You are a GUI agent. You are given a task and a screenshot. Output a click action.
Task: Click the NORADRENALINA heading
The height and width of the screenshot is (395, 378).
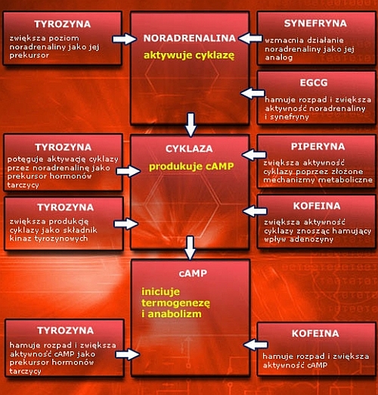click(x=189, y=38)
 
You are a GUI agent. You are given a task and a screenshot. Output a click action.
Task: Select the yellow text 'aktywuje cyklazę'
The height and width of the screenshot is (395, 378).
click(x=189, y=55)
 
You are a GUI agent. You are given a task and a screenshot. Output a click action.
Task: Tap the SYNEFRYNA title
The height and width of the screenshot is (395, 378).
click(x=315, y=23)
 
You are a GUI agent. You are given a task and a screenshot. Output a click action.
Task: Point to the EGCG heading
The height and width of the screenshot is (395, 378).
click(x=314, y=82)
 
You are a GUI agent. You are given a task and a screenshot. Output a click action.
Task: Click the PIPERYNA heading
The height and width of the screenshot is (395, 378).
click(x=318, y=147)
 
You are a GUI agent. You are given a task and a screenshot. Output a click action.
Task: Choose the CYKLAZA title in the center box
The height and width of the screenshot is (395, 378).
click(x=189, y=149)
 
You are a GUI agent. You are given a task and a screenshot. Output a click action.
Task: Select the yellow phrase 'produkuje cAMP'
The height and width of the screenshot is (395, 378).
click(x=191, y=166)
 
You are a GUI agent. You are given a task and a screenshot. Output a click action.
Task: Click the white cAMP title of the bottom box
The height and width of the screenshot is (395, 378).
click(x=193, y=273)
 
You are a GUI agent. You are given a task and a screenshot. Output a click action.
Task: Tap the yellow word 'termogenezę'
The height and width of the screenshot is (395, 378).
click(x=175, y=303)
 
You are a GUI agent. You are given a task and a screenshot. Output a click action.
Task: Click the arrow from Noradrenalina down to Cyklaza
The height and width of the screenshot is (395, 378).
click(x=191, y=124)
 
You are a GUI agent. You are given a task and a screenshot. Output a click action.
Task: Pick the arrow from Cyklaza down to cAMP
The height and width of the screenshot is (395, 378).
click(x=190, y=247)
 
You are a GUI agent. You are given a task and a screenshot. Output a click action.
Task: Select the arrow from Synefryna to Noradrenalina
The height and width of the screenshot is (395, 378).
click(x=250, y=39)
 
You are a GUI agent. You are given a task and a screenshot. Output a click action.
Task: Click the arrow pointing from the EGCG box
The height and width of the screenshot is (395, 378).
click(x=253, y=93)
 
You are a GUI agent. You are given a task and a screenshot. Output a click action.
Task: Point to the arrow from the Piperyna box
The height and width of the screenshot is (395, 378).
click(x=254, y=154)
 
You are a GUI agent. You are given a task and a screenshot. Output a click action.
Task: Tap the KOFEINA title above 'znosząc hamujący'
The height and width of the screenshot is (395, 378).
click(x=317, y=206)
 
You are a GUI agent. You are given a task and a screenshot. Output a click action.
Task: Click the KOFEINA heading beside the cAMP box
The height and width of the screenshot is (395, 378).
click(x=315, y=334)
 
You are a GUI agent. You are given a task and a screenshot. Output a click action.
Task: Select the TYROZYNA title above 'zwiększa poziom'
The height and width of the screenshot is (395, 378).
click(x=63, y=24)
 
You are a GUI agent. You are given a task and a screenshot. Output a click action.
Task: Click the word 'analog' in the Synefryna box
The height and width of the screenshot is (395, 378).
click(x=279, y=58)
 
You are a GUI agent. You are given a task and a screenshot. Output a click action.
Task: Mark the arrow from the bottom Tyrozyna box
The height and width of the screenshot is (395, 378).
click(x=128, y=354)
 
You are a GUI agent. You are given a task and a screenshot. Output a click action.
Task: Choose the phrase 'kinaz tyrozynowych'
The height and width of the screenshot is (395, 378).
click(x=48, y=238)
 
